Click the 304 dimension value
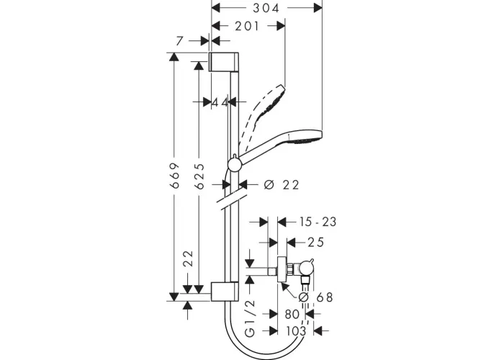pyautogui.click(x=266, y=8)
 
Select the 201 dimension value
pyautogui.click(x=247, y=26)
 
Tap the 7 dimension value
pyautogui.click(x=180, y=41)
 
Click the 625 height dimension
pyautogui.click(x=200, y=176)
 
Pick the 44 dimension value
pyautogui.click(x=220, y=102)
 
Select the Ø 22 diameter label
pyautogui.click(x=282, y=185)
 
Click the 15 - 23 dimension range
pyautogui.click(x=318, y=222)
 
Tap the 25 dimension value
pyautogui.click(x=316, y=243)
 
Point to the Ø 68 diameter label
pyautogui.click(x=315, y=297)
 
